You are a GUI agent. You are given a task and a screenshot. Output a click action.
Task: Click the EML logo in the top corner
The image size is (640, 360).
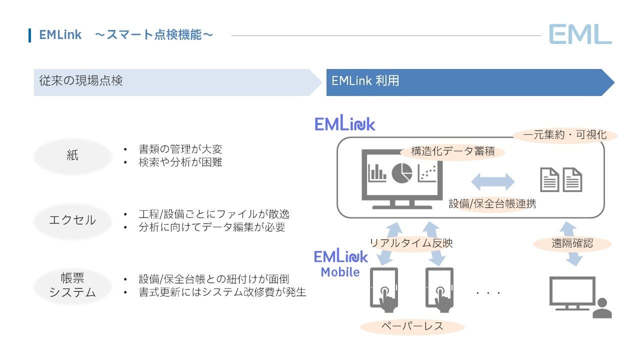[580, 34]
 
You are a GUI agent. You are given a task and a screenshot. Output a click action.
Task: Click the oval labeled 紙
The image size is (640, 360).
[72, 156]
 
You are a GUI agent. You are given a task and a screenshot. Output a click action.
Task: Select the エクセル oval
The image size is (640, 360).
[72, 220]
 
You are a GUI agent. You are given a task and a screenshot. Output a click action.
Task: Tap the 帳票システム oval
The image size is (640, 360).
[72, 285]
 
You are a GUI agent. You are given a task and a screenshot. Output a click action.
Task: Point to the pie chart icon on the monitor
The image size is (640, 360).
[401, 173]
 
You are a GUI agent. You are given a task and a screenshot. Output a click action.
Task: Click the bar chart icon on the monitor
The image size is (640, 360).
[377, 172]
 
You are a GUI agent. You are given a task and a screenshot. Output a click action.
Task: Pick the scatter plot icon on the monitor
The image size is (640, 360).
[427, 173]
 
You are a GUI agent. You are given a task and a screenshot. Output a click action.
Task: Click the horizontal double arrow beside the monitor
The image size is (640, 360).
[493, 181]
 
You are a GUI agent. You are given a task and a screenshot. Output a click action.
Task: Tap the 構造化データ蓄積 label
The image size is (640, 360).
[453, 152]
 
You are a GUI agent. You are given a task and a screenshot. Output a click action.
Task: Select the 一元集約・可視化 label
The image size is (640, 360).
[564, 135]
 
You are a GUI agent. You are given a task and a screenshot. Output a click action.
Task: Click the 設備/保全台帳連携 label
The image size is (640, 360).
[492, 204]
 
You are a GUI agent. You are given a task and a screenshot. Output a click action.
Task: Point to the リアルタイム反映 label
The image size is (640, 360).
[411, 243]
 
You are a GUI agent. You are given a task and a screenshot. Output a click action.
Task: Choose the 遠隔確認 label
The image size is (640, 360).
[572, 243]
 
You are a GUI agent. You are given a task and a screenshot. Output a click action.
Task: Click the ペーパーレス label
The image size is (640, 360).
[412, 326]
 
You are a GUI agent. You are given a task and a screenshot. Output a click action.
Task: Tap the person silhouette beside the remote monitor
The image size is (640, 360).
[602, 308]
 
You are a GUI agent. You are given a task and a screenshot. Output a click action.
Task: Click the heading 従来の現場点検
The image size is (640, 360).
[81, 81]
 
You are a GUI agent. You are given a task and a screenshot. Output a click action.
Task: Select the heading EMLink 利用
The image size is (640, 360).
[365, 81]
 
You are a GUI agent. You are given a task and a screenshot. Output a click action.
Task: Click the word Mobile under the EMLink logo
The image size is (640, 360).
[340, 272]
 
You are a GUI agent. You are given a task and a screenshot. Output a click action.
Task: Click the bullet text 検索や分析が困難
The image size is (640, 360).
[180, 162]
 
